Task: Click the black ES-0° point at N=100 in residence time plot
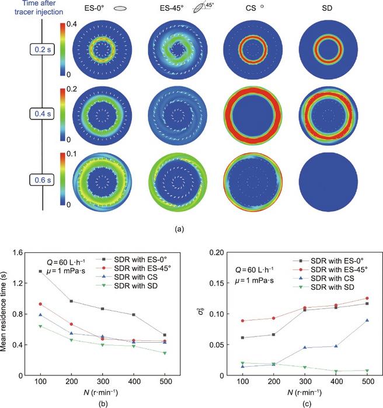point(57,272)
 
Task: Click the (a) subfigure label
point(190,230)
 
